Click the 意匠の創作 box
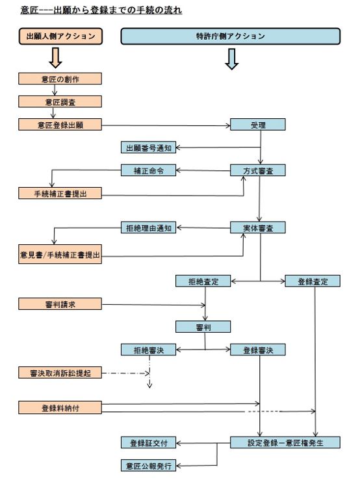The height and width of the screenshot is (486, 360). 60,79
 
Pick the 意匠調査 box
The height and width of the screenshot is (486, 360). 60,102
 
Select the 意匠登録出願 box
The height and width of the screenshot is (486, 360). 60,125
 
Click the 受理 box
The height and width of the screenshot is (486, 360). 258,125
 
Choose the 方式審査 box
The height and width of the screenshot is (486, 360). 258,171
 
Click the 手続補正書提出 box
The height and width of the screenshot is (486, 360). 60,194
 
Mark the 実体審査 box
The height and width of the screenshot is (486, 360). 258,228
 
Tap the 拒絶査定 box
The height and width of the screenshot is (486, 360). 203,281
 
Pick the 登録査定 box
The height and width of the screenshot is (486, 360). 313,281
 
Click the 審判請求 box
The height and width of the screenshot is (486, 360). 60,303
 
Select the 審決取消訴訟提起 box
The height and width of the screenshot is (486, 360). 60,373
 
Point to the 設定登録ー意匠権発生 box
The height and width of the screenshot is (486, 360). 285,442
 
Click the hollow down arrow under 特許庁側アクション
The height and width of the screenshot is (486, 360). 231,58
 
